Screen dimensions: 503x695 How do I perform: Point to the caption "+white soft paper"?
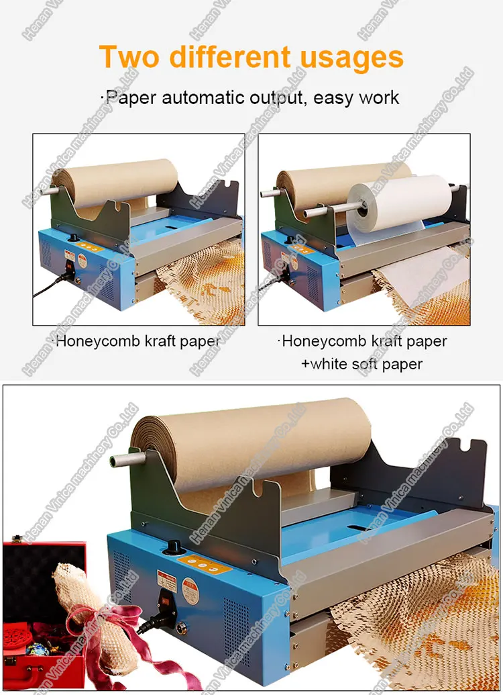pyautogui.click(x=366, y=364)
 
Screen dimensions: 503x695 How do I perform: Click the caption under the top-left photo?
pyautogui.click(x=137, y=341)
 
